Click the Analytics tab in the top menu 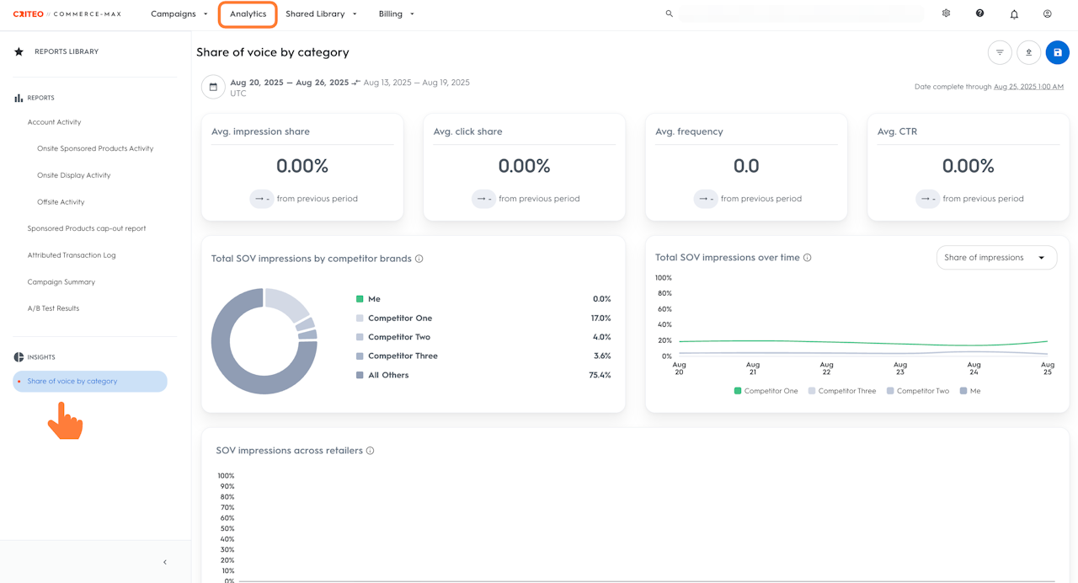[248, 14]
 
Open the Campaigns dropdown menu [179, 14]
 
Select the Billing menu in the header [395, 14]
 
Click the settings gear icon [946, 13]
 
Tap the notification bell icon [1014, 14]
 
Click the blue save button [1057, 52]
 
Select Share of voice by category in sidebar [72, 382]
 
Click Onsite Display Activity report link [73, 175]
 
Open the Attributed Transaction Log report [72, 255]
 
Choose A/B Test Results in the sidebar [53, 308]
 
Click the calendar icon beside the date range [213, 87]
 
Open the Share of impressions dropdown [995, 258]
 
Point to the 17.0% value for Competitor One [600, 318]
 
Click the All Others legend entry [387, 375]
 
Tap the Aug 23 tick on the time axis [900, 368]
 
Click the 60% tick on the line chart [664, 309]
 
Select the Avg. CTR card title [897, 131]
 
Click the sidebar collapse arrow [165, 562]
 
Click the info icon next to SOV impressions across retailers [370, 451]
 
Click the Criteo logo [29, 14]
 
